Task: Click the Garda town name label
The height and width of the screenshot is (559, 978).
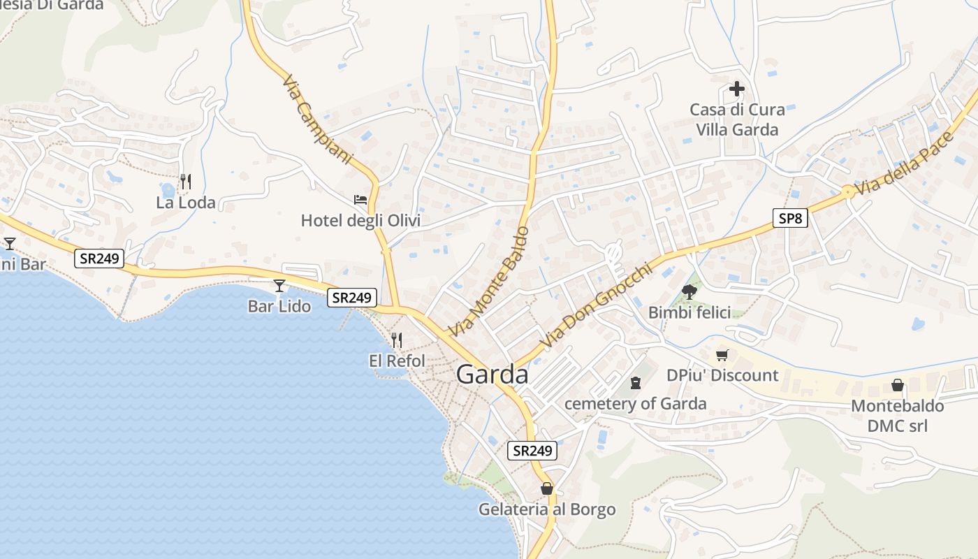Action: click(492, 375)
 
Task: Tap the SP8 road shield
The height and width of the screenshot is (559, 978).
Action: click(790, 219)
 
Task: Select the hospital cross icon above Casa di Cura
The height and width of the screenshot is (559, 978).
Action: click(736, 89)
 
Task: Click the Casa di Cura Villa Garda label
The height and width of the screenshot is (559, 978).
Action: click(737, 119)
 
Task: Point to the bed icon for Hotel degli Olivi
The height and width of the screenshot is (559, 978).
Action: click(360, 200)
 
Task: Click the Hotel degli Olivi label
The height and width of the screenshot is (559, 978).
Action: click(360, 221)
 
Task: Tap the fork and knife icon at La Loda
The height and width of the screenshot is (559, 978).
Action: click(185, 182)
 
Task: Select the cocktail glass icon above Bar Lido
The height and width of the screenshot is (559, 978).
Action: click(279, 285)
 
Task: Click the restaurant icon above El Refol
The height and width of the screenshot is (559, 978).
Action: click(396, 340)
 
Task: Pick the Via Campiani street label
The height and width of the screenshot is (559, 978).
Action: click(317, 119)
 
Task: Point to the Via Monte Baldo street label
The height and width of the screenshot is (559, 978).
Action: click(489, 280)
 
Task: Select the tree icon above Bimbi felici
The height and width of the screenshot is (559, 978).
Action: click(689, 291)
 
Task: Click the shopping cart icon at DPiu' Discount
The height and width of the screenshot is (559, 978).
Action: click(722, 355)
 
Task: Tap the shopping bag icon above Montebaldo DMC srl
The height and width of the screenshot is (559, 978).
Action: click(897, 385)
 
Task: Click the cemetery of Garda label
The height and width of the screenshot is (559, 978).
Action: click(635, 404)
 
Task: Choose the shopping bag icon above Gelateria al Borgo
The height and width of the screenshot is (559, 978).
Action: click(546, 488)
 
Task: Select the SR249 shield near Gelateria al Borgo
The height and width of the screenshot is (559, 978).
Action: click(533, 451)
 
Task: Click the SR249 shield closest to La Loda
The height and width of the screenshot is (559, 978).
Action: click(99, 259)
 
